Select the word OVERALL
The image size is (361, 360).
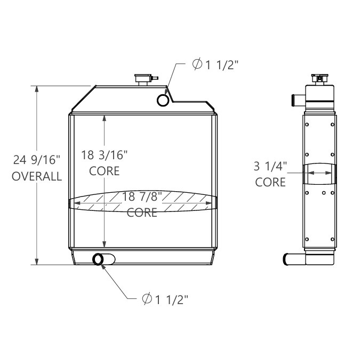[36, 177]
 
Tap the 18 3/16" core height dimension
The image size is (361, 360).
[105, 156]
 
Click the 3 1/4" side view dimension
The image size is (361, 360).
[270, 166]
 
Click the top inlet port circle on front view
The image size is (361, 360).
[163, 100]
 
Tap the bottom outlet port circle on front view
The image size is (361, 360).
[99, 259]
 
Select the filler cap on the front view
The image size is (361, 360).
[143, 79]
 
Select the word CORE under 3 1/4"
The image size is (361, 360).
[270, 182]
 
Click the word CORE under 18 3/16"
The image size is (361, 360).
[105, 171]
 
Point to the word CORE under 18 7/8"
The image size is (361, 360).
[142, 213]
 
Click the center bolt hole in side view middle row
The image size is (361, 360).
[324, 192]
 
